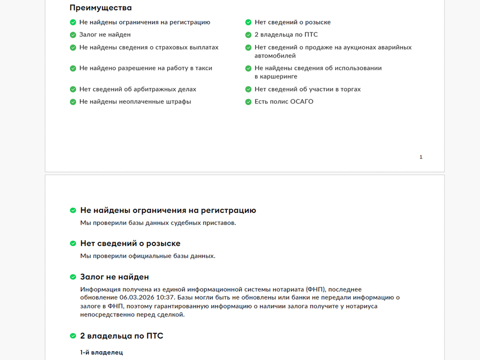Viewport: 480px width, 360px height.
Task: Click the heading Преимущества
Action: pyautogui.click(x=100, y=8)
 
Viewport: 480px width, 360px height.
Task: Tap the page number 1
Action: pyautogui.click(x=421, y=157)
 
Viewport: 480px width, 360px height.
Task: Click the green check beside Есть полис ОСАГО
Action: pyautogui.click(x=248, y=102)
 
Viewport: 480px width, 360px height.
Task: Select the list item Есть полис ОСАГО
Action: pyautogui.click(x=284, y=102)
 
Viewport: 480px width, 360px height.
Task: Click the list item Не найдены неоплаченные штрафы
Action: pyautogui.click(x=135, y=102)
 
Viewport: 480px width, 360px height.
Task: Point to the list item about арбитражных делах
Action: pyautogui.click(x=137, y=89)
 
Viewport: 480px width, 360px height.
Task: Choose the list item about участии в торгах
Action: pyautogui.click(x=307, y=89)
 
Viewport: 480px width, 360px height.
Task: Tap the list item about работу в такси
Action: pyautogui.click(x=145, y=68)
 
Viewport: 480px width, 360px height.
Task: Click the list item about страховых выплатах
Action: pyautogui.click(x=148, y=47)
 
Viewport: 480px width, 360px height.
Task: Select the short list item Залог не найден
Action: pyautogui.click(x=105, y=35)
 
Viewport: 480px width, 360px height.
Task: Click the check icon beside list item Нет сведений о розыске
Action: pyautogui.click(x=248, y=22)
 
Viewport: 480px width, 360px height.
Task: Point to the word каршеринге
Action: pyautogui.click(x=276, y=76)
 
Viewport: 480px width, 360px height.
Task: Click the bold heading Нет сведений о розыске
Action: pyautogui.click(x=130, y=243)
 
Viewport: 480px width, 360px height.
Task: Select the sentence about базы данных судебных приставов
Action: pyautogui.click(x=158, y=223)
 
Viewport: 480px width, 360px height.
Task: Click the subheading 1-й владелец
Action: pyautogui.click(x=101, y=352)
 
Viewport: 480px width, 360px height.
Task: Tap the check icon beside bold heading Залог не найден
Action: pyautogui.click(x=73, y=277)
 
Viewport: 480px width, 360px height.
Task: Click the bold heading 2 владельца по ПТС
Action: pyautogui.click(x=121, y=336)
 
